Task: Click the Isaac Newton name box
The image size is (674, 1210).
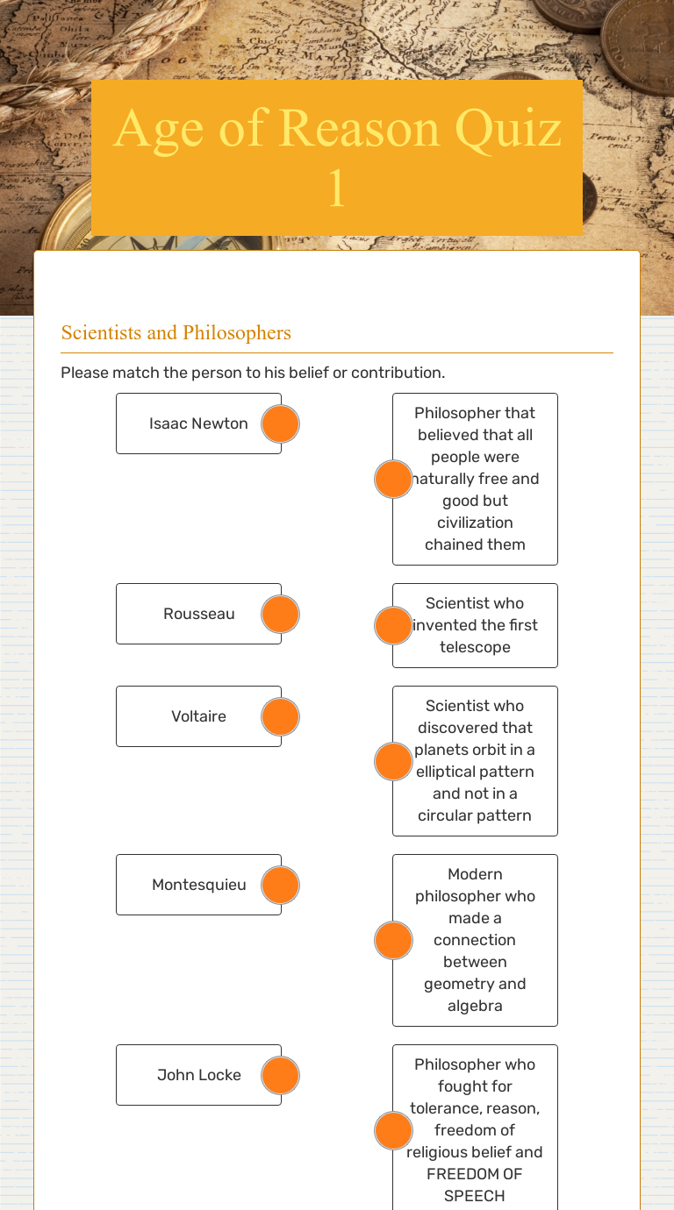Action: (x=198, y=423)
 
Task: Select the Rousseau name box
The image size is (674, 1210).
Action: (x=198, y=614)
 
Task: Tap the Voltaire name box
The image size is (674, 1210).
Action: (x=198, y=716)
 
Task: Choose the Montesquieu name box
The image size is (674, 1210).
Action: (x=198, y=885)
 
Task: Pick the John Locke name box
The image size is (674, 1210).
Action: (x=198, y=1075)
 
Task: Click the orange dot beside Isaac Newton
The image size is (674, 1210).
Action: (x=281, y=423)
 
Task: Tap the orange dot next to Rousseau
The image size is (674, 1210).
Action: (x=281, y=614)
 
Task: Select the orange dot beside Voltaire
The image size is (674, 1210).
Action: (x=281, y=716)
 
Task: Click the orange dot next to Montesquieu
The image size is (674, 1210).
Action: (x=281, y=885)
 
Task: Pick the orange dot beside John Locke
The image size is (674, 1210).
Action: (x=281, y=1075)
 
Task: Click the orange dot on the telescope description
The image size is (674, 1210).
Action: (x=393, y=625)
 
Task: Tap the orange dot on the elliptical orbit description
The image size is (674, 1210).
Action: (x=393, y=761)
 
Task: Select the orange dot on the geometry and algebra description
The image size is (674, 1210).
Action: (x=393, y=940)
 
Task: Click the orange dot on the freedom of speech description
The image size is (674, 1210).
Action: (x=393, y=1130)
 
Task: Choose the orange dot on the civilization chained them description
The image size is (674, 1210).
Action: (x=393, y=479)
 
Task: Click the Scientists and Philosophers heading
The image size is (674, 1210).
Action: (x=176, y=333)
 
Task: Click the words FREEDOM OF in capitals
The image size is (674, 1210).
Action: (x=475, y=1174)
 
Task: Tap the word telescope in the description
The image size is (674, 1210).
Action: (x=475, y=647)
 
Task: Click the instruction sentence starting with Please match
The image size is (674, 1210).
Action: (x=253, y=373)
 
